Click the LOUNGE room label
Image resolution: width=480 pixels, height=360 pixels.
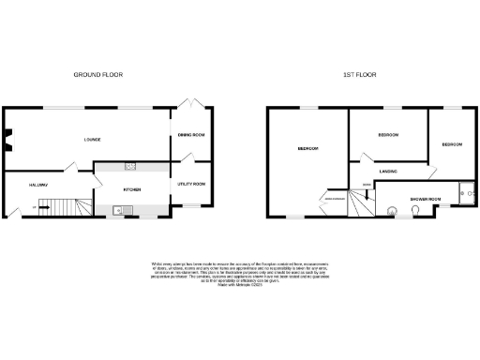click(x=92, y=140)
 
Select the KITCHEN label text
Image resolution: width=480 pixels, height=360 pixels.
click(x=131, y=188)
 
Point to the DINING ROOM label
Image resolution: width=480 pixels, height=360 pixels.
click(x=192, y=137)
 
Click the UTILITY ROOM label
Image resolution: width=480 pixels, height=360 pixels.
click(x=192, y=184)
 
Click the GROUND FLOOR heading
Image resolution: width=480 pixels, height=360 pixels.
click(x=99, y=74)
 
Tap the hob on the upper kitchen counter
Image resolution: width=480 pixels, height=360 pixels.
click(x=130, y=167)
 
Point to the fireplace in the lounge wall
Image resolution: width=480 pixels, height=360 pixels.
click(x=7, y=140)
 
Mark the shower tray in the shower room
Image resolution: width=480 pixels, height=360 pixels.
click(x=461, y=194)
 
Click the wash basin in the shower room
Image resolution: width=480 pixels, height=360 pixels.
click(x=392, y=213)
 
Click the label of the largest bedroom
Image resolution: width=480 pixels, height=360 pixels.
click(x=307, y=148)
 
